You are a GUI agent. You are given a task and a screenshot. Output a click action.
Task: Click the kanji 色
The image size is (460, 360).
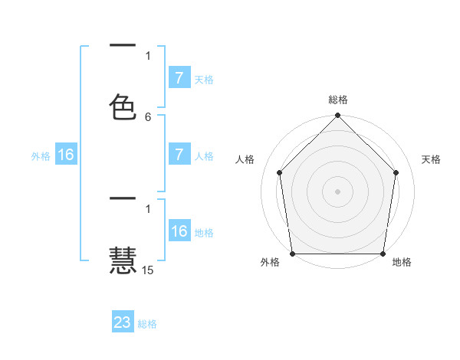123,106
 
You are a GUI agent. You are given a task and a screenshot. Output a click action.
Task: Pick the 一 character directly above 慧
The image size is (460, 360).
123,199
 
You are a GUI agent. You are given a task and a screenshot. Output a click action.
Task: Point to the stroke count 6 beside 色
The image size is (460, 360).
148,116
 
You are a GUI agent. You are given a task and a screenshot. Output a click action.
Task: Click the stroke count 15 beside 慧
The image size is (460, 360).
148,270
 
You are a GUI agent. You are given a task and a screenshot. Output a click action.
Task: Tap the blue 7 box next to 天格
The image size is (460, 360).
179,78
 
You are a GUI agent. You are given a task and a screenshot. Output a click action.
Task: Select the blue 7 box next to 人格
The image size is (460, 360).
179,155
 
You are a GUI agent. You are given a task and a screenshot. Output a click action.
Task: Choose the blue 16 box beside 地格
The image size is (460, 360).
179,231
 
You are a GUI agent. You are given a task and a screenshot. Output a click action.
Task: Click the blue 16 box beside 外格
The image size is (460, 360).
66,155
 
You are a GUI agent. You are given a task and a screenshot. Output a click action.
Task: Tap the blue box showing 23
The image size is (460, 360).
123,322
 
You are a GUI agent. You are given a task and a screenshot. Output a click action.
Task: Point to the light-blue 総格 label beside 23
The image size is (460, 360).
148,324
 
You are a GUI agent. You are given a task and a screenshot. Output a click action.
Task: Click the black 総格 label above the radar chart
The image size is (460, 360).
338,100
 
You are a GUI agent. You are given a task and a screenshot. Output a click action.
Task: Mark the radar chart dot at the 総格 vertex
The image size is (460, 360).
338,116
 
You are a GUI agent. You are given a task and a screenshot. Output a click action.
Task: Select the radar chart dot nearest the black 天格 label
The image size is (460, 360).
396,172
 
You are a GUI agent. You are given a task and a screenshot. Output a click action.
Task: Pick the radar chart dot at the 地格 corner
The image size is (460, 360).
383,254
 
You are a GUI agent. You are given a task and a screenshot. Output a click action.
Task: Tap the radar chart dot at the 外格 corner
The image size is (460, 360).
292,254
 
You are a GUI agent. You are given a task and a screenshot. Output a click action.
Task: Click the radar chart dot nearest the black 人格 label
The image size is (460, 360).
279,172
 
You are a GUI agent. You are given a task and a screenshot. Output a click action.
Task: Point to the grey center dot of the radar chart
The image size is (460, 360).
338,191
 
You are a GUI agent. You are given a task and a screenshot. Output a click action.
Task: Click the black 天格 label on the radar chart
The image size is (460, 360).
432,159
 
